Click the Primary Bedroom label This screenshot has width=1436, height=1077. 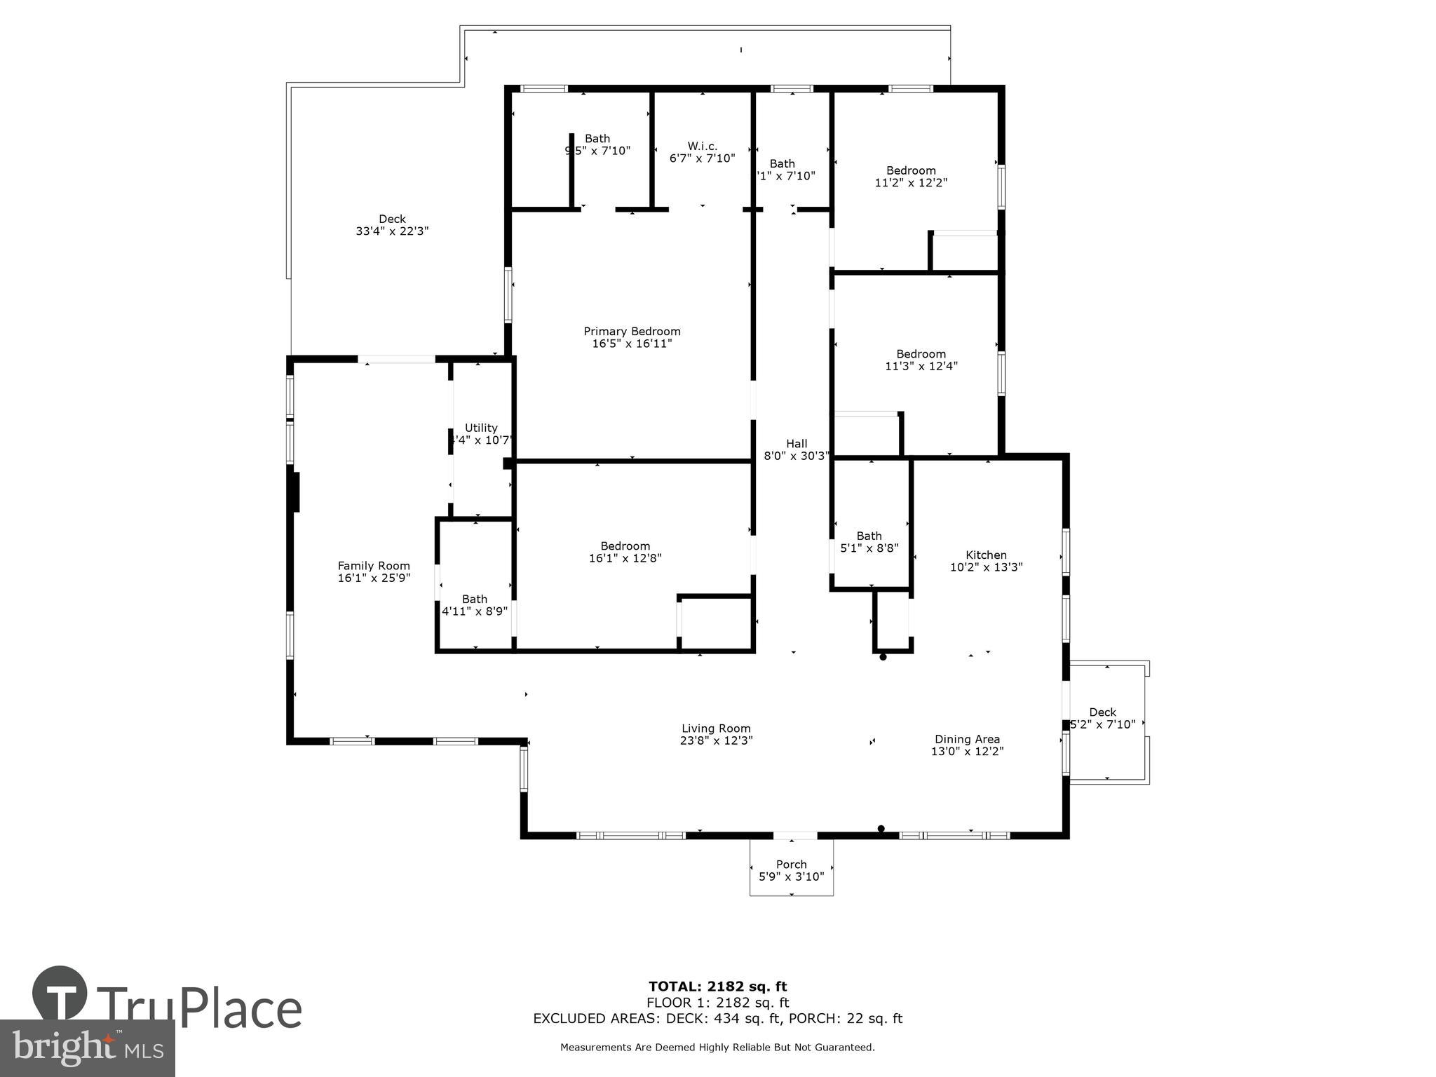click(x=632, y=331)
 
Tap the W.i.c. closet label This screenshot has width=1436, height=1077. click(x=702, y=146)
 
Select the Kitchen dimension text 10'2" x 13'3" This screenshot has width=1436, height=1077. click(x=986, y=567)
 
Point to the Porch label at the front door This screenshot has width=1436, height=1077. click(x=791, y=865)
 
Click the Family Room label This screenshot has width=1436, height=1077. click(x=374, y=566)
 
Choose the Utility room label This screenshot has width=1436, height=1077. click(x=481, y=428)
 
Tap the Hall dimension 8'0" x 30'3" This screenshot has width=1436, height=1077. click(x=797, y=456)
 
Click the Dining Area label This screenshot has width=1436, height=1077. click(x=967, y=739)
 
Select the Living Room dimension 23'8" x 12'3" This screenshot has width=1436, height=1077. click(x=716, y=740)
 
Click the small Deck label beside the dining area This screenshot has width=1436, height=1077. click(x=1102, y=712)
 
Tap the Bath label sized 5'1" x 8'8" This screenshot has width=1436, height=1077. click(x=869, y=536)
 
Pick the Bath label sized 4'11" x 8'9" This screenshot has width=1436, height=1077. click(x=475, y=599)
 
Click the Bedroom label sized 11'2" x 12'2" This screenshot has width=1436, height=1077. click(x=911, y=170)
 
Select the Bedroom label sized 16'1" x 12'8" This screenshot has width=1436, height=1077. click(x=625, y=546)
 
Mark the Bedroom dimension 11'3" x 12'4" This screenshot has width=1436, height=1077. click(x=921, y=366)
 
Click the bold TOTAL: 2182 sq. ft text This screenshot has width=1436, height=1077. click(x=717, y=987)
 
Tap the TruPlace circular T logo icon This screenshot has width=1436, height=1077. click(x=60, y=994)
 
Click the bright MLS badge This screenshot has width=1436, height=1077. click(x=87, y=1048)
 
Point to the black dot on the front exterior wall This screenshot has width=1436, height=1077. click(x=881, y=829)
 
